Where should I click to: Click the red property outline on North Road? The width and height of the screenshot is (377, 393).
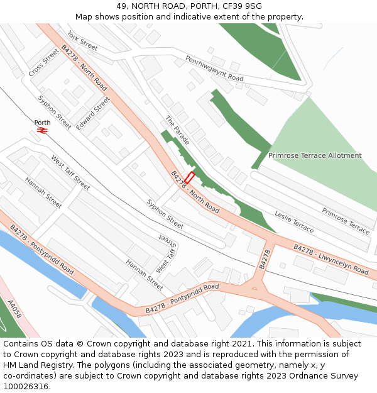point(189,178)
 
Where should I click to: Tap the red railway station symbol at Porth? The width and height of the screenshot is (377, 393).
point(43,130)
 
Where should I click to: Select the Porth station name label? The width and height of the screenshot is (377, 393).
point(43,123)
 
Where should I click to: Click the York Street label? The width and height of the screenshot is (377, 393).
point(82,41)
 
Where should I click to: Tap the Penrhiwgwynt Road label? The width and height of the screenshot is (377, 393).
point(214,68)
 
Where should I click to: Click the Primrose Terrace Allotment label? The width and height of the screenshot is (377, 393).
point(315,155)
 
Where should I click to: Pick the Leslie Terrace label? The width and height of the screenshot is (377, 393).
point(294,221)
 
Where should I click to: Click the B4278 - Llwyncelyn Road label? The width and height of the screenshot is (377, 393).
point(331,259)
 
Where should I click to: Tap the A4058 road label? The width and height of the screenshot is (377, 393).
point(14,309)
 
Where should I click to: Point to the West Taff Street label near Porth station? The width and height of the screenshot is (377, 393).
point(70,172)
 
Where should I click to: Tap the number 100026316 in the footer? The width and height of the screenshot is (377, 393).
point(25,387)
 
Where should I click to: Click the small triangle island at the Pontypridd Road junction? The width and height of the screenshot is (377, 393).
point(254,288)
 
